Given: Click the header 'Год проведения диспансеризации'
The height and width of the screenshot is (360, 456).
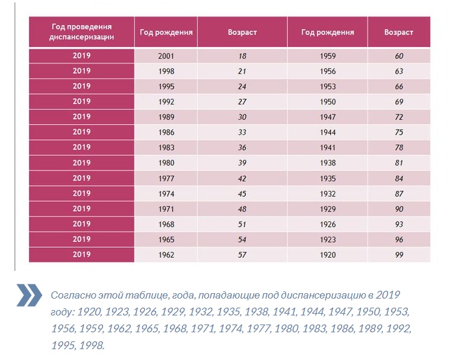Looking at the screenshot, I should click(x=81, y=32).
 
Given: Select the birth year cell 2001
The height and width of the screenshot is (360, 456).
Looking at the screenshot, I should click(x=166, y=56).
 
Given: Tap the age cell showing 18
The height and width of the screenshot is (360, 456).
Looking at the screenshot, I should click(x=243, y=56).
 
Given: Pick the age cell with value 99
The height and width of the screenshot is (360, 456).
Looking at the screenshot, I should click(x=399, y=255).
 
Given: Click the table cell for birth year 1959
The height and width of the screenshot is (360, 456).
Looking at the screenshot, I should click(x=328, y=56).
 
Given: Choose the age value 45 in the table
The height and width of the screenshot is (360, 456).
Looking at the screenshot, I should click(x=243, y=193).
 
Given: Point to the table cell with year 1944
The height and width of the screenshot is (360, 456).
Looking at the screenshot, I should click(x=328, y=132).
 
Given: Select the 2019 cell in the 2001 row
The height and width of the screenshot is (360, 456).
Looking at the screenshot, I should click(x=81, y=55).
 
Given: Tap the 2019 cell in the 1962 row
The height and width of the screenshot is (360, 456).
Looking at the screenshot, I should click(x=81, y=255).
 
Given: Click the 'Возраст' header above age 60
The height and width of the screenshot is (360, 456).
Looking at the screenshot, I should click(x=399, y=32).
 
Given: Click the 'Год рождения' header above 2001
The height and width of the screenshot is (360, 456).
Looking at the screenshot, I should click(x=166, y=32).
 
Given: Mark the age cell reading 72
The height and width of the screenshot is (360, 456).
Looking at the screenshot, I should click(x=399, y=117).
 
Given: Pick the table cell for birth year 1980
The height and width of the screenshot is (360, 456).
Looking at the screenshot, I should click(x=166, y=163).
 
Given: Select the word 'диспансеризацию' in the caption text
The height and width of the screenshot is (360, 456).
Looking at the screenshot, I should click(x=312, y=296).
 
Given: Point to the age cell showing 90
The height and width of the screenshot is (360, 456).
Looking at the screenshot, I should click(x=399, y=209).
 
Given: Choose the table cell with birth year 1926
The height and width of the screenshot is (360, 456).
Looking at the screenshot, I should click(x=328, y=224).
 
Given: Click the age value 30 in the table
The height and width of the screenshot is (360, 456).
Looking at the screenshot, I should click(x=243, y=117).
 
